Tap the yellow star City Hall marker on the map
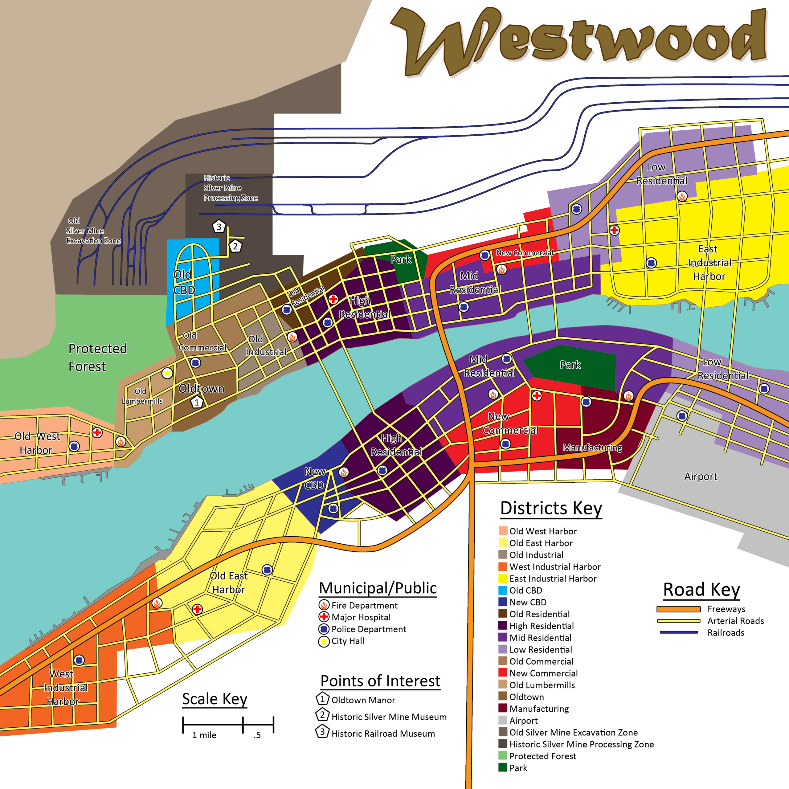[167, 373]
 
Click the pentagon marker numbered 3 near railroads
[219, 226]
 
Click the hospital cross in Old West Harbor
[97, 432]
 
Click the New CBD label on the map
[314, 478]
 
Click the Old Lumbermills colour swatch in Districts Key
[503, 685]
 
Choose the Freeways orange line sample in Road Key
[678, 609]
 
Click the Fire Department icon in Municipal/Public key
[324, 605]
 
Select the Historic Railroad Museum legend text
[383, 734]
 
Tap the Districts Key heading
[551, 509]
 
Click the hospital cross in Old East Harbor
[197, 609]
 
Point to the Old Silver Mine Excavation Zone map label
[93, 231]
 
